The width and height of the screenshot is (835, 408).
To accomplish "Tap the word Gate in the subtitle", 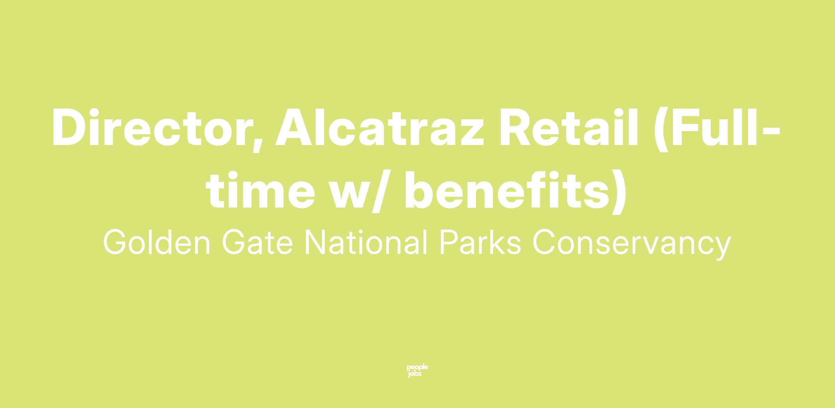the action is click(257, 242).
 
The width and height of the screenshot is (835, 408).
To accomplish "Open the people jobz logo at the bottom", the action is click(417, 371).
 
